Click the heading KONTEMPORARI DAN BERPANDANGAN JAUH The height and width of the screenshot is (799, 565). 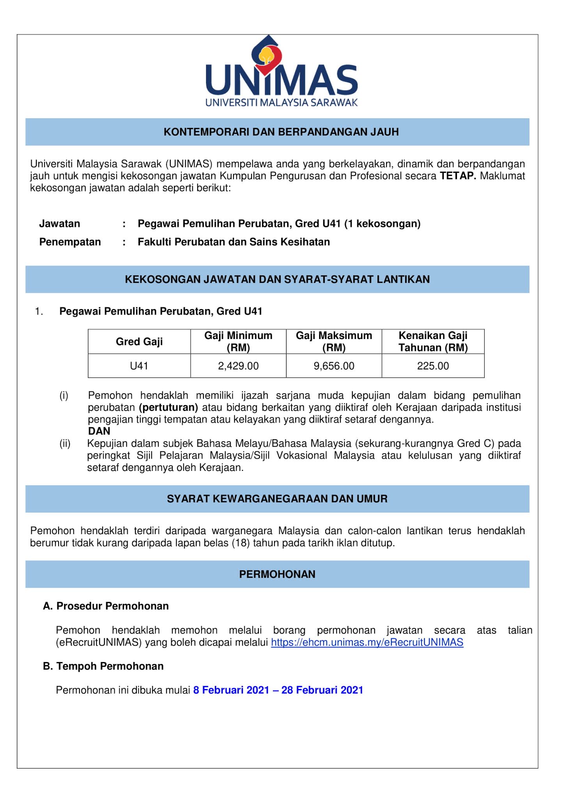tap(281, 132)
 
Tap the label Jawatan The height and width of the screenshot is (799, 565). tap(60, 224)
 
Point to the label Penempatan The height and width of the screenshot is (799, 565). tap(70, 242)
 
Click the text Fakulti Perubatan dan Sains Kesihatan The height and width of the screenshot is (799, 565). tap(234, 242)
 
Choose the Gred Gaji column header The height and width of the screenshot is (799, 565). tap(139, 342)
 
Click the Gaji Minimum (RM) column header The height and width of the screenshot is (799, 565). tap(238, 341)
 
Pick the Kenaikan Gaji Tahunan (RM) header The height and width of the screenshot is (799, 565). tap(433, 341)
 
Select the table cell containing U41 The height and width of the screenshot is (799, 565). tap(139, 366)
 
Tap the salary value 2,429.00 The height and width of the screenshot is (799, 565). tap(238, 366)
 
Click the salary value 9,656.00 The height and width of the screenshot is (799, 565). tap(334, 366)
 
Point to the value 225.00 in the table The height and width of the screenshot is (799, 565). tap(433, 366)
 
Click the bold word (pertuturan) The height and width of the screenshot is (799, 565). tap(168, 408)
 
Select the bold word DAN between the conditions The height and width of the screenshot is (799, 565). tap(99, 431)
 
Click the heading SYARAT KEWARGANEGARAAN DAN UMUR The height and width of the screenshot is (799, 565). tap(277, 499)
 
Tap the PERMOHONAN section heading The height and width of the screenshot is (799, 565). tap(277, 574)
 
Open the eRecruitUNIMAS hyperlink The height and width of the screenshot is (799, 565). tap(367, 643)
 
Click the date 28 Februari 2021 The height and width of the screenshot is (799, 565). tap(322, 690)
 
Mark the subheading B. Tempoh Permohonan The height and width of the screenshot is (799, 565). tap(103, 666)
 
